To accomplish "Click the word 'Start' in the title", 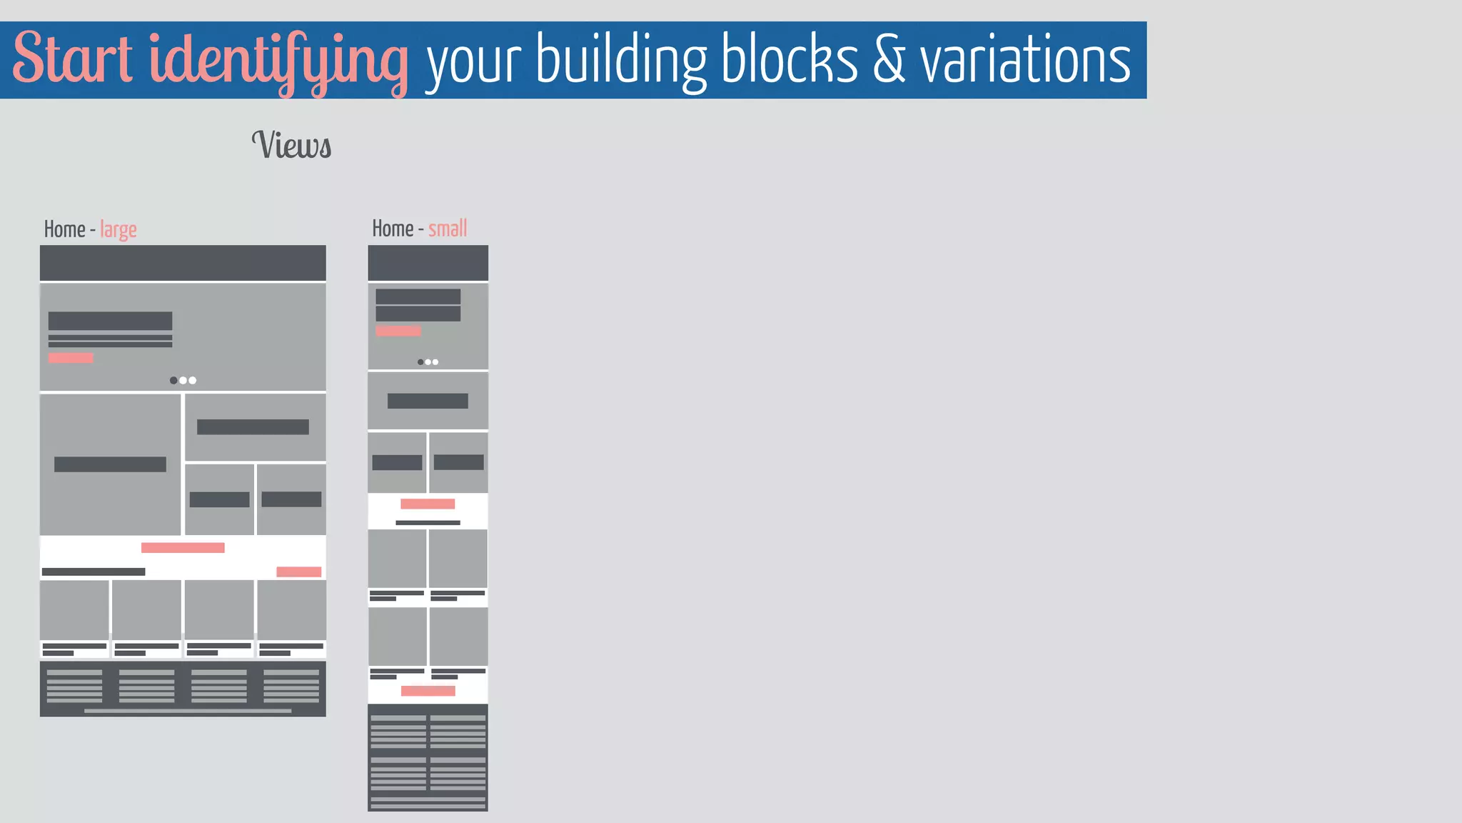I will [x=72, y=59].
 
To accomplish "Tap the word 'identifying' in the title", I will [x=278, y=61].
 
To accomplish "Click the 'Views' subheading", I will [x=291, y=145].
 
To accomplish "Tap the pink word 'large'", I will [x=119, y=230].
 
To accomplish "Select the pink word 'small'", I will [x=448, y=229].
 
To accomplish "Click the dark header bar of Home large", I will [x=183, y=263].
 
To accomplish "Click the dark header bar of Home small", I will [x=428, y=263].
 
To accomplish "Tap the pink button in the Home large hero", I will [x=71, y=358].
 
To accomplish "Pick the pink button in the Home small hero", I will [x=398, y=331].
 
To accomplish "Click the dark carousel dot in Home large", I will [x=173, y=380].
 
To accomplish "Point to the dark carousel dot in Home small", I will [x=420, y=362].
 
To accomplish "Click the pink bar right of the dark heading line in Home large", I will [x=298, y=572].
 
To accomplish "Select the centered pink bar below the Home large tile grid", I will [x=183, y=548].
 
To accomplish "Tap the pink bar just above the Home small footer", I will [x=428, y=691].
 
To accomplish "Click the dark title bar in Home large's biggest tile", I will [x=110, y=464].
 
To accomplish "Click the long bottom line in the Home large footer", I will [x=187, y=711].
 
